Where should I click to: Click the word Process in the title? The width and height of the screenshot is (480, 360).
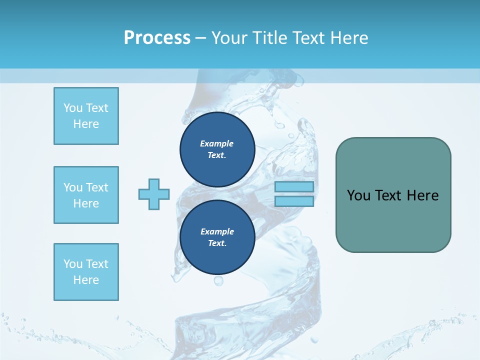pyautogui.click(x=157, y=38)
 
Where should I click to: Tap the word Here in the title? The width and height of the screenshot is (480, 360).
pyautogui.click(x=349, y=38)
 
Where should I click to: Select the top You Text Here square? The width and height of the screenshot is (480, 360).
pyautogui.click(x=86, y=116)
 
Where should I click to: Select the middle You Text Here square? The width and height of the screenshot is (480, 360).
pyautogui.click(x=86, y=195)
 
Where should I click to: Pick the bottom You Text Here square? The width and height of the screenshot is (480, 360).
pyautogui.click(x=86, y=272)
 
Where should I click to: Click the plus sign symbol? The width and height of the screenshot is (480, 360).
pyautogui.click(x=154, y=194)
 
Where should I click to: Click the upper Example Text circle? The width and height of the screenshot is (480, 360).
pyautogui.click(x=217, y=149)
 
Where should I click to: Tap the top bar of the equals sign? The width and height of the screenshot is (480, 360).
pyautogui.click(x=294, y=187)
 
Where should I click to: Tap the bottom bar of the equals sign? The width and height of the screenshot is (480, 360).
pyautogui.click(x=294, y=201)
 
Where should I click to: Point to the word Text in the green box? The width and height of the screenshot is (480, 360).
pyautogui.click(x=389, y=195)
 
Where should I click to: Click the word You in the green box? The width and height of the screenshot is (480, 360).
pyautogui.click(x=358, y=195)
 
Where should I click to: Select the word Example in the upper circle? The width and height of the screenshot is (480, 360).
pyautogui.click(x=217, y=144)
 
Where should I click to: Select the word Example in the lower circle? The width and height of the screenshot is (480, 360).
pyautogui.click(x=217, y=232)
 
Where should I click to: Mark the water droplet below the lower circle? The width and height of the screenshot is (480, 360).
pyautogui.click(x=218, y=281)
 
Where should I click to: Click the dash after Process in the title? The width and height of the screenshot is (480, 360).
pyautogui.click(x=201, y=38)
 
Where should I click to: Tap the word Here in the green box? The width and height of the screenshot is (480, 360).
pyautogui.click(x=422, y=195)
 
